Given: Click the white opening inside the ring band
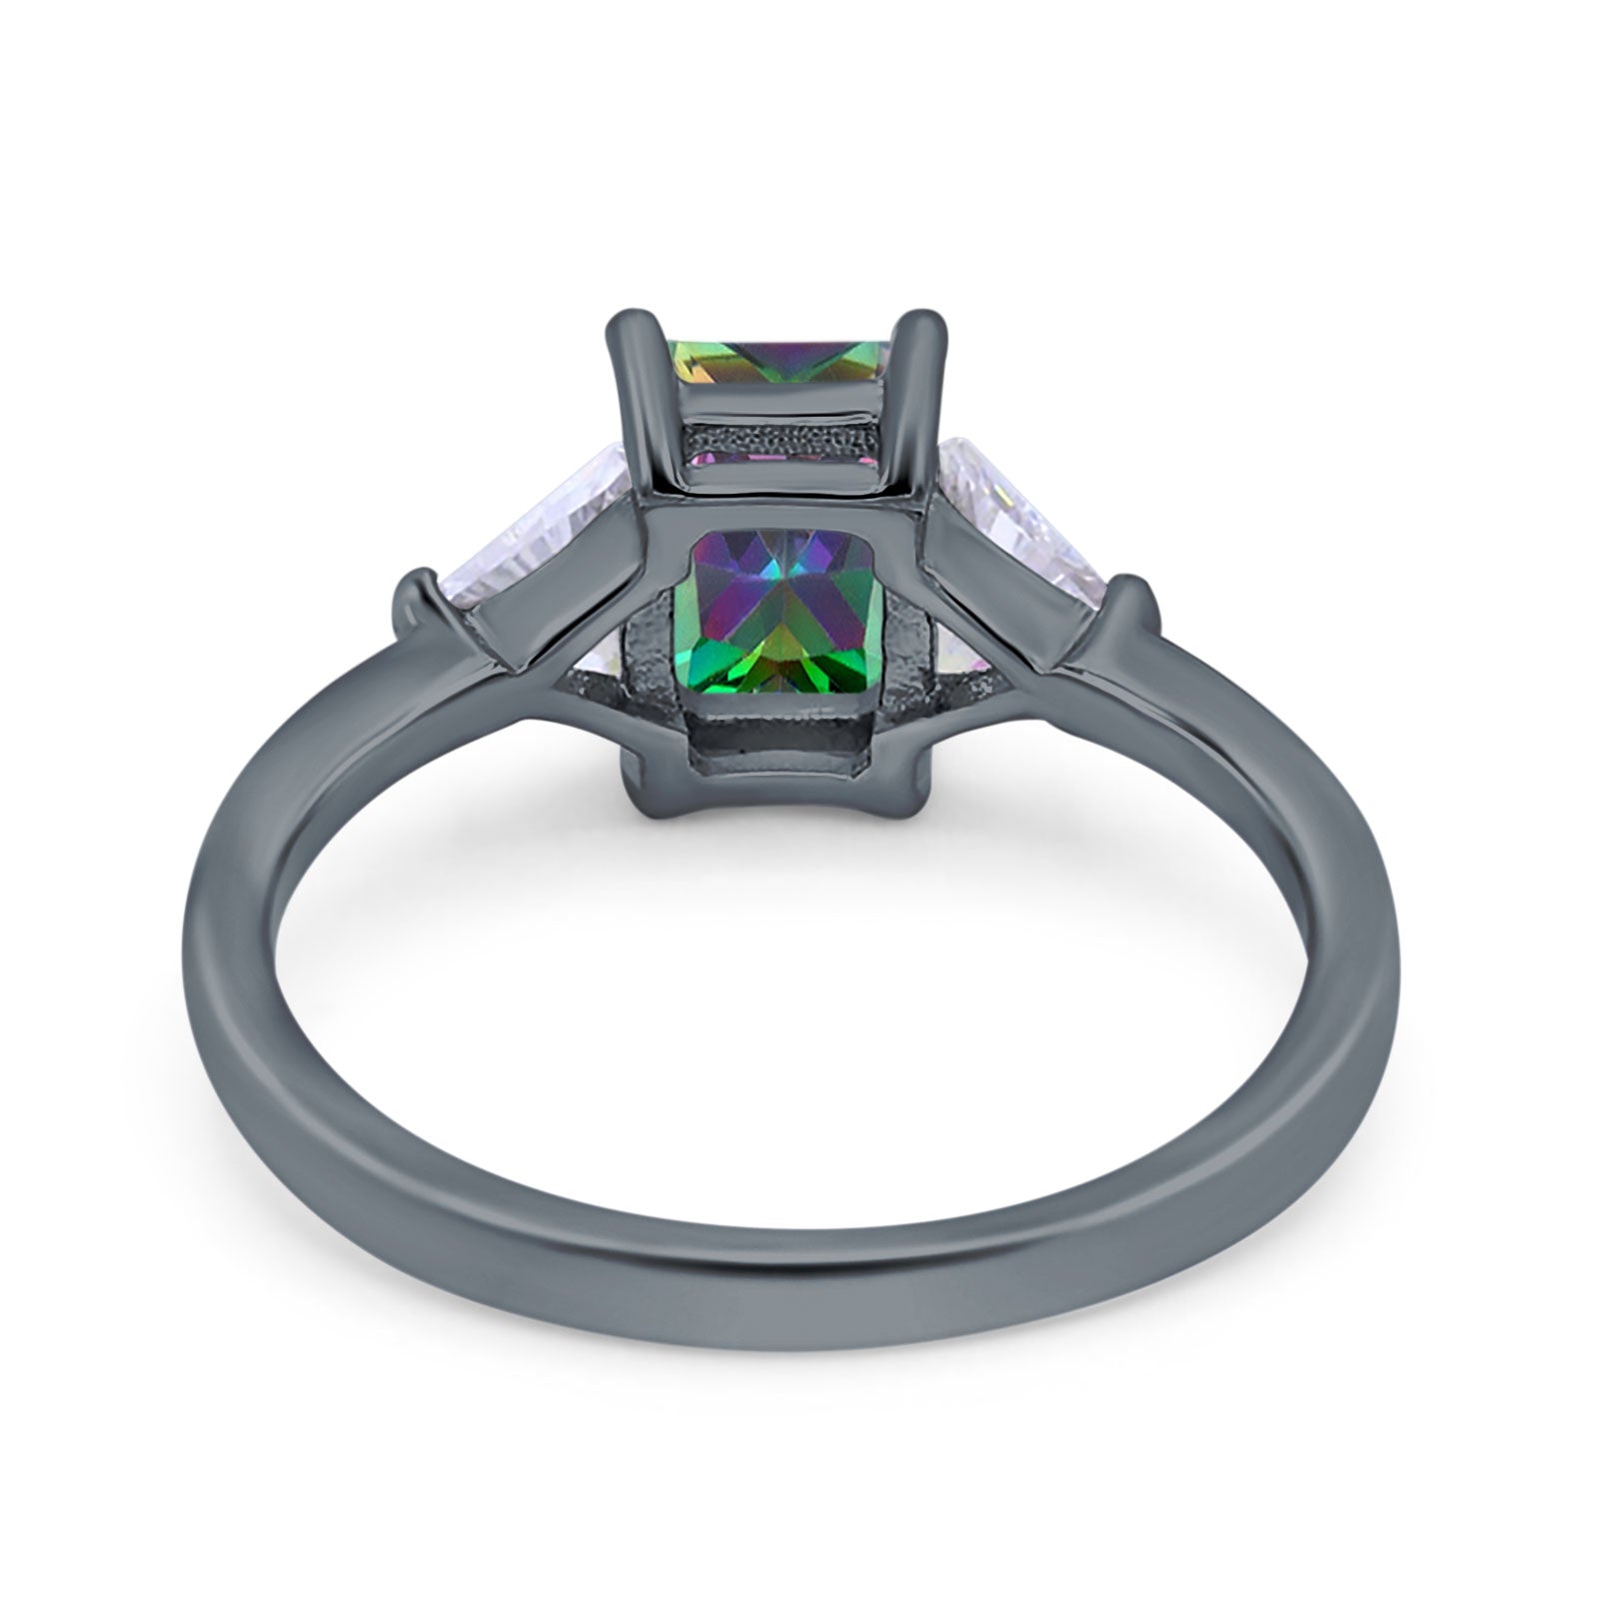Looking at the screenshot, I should (790, 1049).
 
